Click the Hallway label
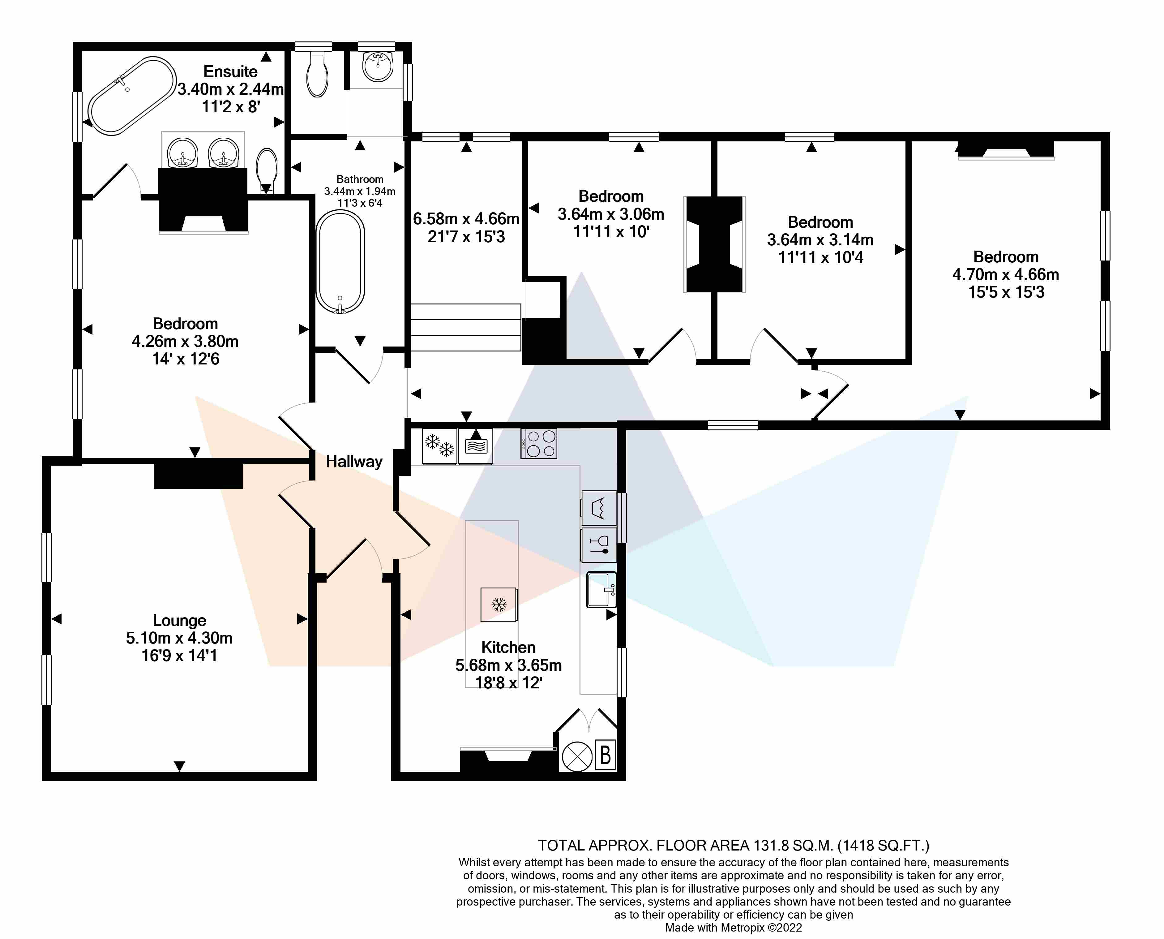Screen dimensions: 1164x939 tap(354, 461)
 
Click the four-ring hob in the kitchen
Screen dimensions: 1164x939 tap(539, 444)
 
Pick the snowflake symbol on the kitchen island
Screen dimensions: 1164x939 tap(499, 604)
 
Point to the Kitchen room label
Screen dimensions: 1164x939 tap(508, 648)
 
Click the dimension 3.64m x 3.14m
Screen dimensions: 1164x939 tap(820, 239)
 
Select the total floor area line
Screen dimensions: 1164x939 tap(734, 846)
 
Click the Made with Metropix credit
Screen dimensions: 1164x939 tap(734, 928)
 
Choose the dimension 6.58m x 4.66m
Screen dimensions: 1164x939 tap(466, 219)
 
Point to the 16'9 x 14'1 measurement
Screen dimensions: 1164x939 tap(179, 656)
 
